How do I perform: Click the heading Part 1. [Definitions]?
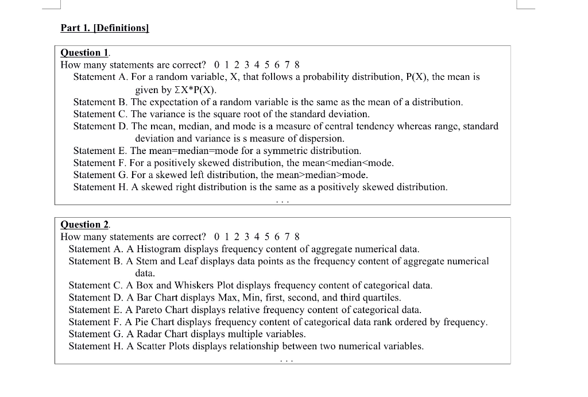point(105,28)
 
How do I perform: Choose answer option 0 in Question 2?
point(216,237)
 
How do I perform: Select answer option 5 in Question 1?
point(266,65)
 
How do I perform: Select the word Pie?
point(144,322)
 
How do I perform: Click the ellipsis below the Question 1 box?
point(282,201)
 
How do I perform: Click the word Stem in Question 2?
point(148,261)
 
